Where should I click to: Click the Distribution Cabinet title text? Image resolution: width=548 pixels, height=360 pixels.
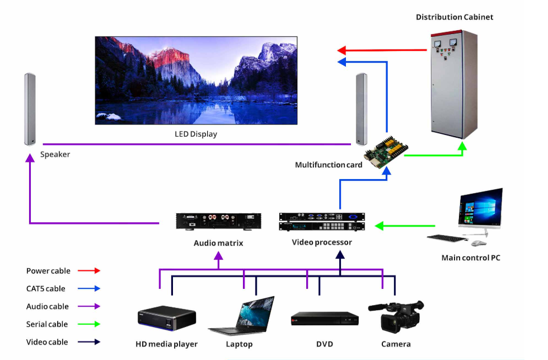[454, 17]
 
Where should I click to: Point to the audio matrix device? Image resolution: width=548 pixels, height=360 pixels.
[218, 221]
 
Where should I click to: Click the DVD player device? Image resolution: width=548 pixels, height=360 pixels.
[325, 319]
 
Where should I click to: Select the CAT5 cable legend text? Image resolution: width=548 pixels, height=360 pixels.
[45, 289]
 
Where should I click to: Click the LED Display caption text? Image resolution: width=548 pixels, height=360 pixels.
[195, 134]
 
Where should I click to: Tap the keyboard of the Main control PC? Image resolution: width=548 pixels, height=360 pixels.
[447, 239]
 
